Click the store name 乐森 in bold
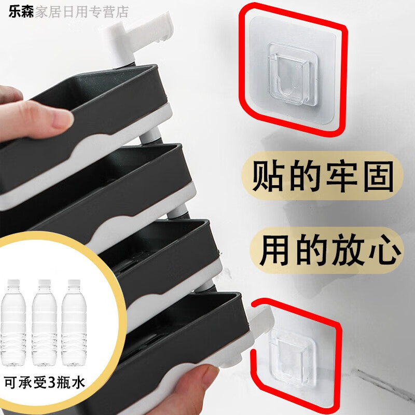point(21,11)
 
